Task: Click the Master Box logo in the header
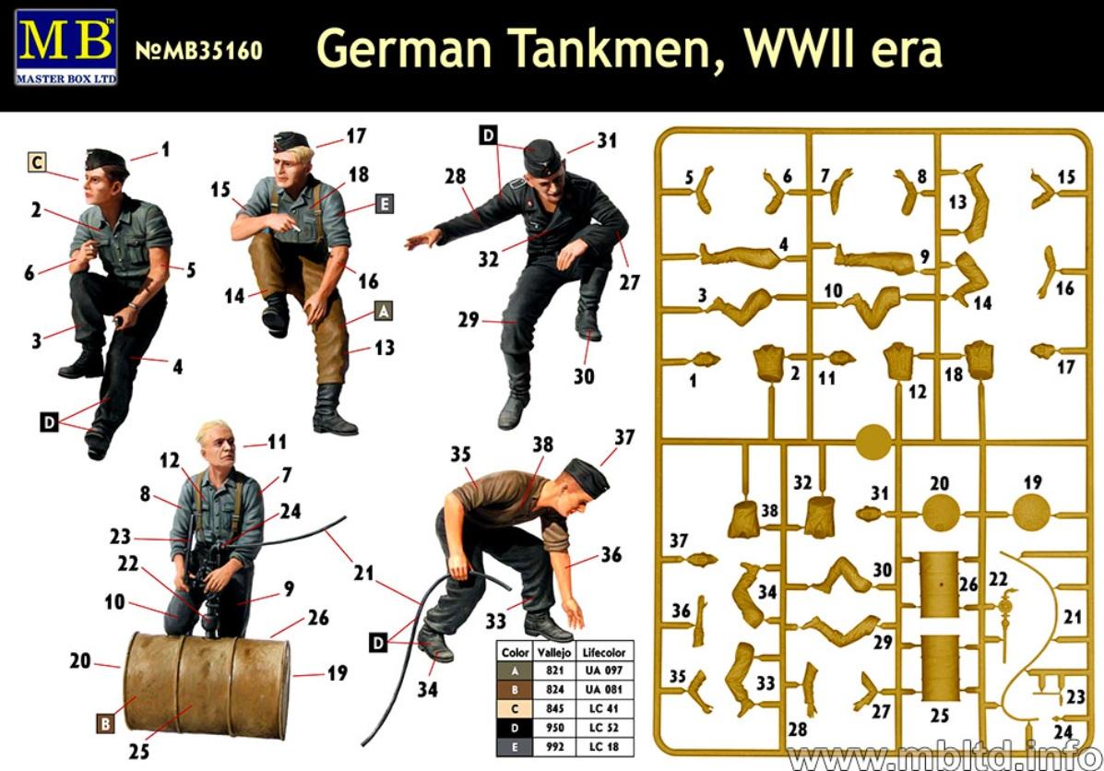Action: (65, 47)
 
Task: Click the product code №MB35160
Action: (198, 51)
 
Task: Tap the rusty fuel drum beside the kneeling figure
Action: (207, 684)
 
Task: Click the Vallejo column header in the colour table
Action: (554, 652)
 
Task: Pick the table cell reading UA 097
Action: (603, 671)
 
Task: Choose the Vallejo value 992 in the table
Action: (554, 746)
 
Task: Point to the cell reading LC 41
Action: (603, 708)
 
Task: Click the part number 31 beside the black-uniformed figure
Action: (606, 140)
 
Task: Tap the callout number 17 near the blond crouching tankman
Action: (356, 136)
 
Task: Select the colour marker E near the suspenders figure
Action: (384, 204)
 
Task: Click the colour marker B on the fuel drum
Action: (104, 724)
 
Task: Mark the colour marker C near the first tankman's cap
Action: (37, 162)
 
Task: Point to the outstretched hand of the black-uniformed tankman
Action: (421, 240)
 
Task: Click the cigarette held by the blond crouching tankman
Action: (296, 231)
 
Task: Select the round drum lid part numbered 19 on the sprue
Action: (1031, 512)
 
